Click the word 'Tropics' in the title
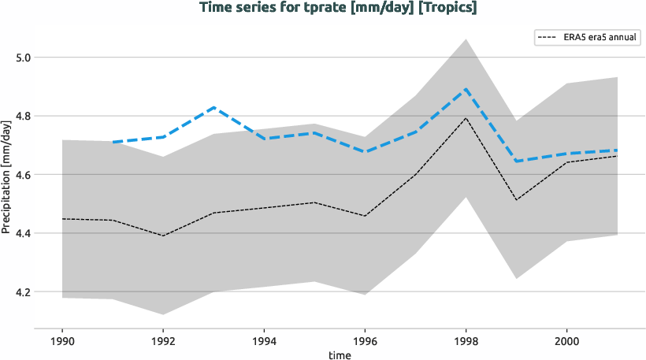(449, 8)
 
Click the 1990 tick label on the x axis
(61, 342)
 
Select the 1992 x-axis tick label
(163, 342)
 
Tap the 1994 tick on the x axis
(264, 342)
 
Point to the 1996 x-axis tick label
(365, 342)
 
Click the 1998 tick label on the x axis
(466, 342)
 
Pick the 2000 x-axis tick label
(567, 342)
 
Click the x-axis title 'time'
(340, 354)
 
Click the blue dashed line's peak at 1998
(466, 90)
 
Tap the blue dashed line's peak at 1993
(213, 107)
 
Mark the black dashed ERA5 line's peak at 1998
(466, 118)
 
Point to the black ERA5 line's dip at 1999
(517, 199)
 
